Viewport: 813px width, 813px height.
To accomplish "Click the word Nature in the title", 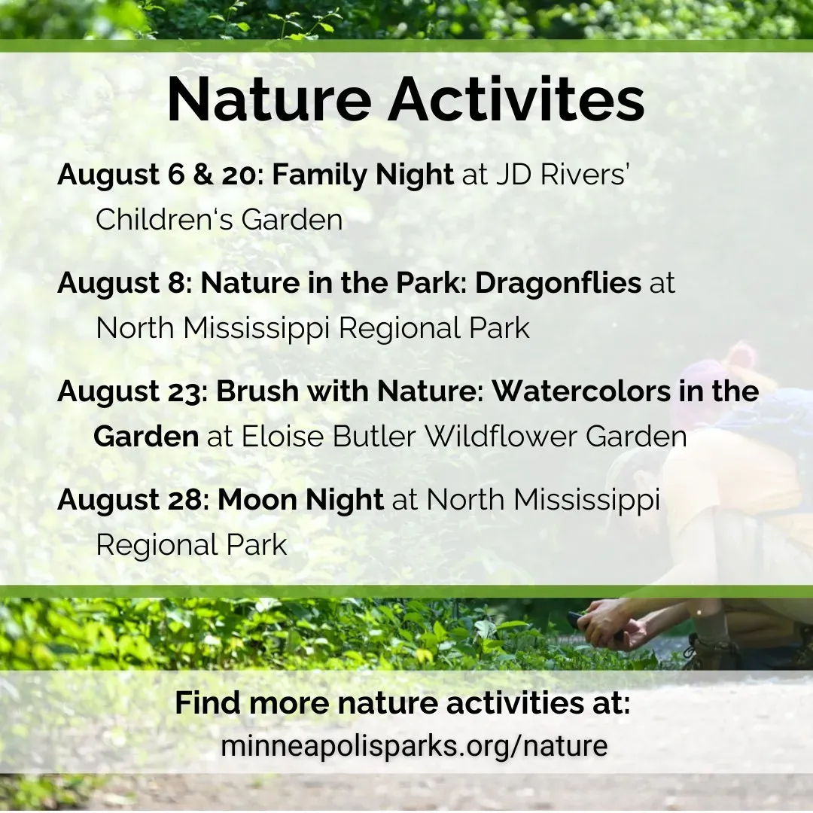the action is pos(269,99).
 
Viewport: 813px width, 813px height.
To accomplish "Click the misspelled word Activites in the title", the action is pos(516,99).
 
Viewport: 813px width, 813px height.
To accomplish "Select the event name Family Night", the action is pos(363,175).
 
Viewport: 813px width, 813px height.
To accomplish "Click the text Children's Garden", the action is pos(219,219).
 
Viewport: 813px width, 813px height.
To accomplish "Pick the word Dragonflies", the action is pos(559,284).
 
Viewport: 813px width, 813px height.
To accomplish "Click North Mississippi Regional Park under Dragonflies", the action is pos(313,328).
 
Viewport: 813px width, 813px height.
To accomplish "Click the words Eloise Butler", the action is pos(329,437).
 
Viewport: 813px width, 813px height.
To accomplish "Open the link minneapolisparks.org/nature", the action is pos(414,745).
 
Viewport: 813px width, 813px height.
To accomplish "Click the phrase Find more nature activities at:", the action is pos(402,702).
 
